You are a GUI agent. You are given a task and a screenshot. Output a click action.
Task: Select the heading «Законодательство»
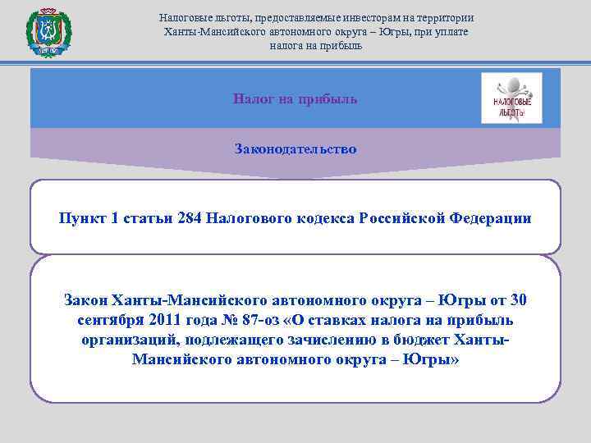click(295, 149)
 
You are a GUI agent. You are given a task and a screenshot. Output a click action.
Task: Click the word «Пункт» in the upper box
click(83, 218)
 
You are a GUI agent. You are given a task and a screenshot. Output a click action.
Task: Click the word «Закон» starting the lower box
click(85, 299)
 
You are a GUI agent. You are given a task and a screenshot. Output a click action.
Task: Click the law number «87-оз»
click(266, 319)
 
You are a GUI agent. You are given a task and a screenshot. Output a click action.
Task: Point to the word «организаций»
click(129, 340)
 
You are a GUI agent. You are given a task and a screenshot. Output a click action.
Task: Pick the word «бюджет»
click(433, 340)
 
